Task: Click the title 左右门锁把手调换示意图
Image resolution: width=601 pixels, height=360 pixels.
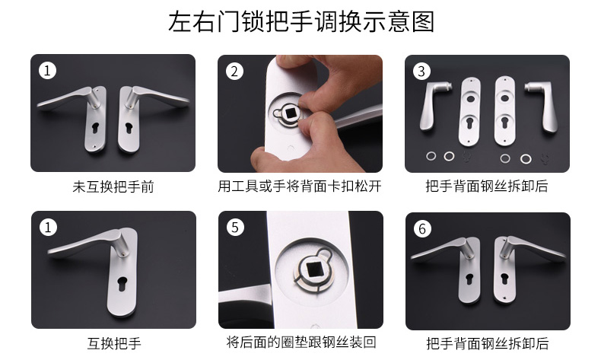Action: [301, 21]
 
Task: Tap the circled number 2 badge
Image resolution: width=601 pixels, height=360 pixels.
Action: [234, 72]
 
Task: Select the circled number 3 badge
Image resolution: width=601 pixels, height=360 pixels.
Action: [421, 72]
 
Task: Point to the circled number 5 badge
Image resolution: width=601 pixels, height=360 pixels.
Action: [235, 228]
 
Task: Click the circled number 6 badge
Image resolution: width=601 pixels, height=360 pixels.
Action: [422, 229]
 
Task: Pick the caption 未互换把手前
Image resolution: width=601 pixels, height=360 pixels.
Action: [113, 186]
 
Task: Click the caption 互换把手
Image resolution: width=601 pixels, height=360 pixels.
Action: [114, 343]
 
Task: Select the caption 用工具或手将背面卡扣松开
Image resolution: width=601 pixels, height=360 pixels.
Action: [300, 186]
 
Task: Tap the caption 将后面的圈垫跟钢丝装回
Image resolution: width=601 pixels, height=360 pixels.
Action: [301, 342]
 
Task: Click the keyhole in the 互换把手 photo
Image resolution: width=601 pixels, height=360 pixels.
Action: [122, 284]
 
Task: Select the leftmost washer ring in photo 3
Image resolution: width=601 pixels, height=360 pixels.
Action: [431, 156]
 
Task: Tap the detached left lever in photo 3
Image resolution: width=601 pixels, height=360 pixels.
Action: [433, 104]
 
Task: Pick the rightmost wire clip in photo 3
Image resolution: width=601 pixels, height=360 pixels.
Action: [545, 158]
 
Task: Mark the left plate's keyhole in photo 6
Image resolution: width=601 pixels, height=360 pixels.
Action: [469, 279]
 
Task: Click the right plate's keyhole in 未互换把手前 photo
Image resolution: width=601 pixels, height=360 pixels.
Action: [129, 128]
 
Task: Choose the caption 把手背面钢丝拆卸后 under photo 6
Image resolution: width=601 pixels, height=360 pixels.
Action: [488, 343]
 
